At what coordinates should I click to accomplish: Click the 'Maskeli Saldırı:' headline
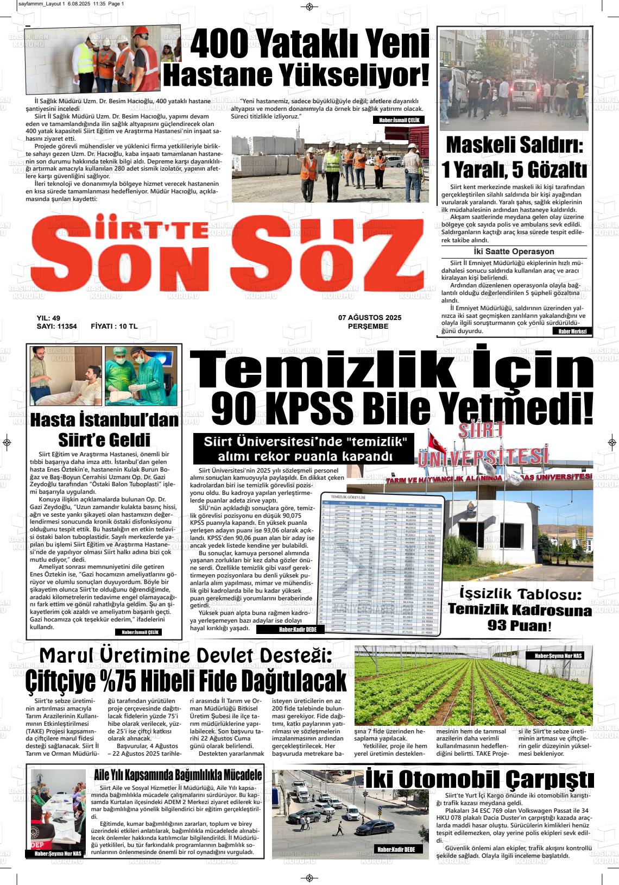coord(515,146)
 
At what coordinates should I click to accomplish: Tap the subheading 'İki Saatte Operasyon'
coord(514,252)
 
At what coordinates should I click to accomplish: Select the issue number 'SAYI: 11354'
coord(56,327)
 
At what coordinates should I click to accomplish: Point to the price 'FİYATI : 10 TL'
coord(114,327)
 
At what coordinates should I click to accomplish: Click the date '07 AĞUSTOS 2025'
coord(369,318)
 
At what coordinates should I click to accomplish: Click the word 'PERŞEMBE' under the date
coord(368,327)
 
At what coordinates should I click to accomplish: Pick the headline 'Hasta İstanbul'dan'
coord(104,421)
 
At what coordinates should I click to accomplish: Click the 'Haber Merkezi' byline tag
coord(573,331)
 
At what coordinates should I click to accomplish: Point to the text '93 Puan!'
coord(519,626)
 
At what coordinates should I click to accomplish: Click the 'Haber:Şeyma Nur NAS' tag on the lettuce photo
coord(558,656)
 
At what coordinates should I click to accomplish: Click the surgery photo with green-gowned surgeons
coord(141,376)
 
